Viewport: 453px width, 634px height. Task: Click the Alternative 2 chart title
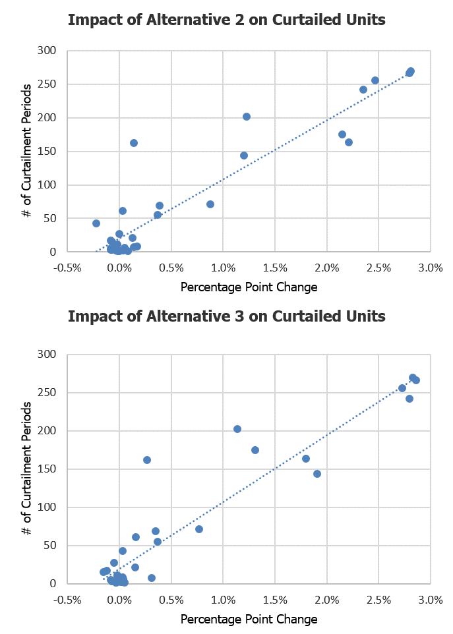coord(226,20)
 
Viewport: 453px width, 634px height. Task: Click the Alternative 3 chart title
coord(226,316)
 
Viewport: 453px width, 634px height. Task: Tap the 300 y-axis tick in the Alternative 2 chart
coord(47,51)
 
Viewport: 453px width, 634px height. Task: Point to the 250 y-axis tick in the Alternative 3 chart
coord(47,393)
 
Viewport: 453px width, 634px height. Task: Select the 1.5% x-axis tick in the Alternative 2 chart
coord(275,267)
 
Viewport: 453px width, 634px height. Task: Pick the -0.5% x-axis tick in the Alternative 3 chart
coord(68,599)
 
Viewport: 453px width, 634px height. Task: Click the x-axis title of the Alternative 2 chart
coord(249,287)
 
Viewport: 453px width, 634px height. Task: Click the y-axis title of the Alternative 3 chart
coord(25,469)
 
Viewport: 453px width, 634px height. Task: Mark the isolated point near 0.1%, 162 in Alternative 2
coord(134,143)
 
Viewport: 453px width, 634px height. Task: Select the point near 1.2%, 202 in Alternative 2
coord(247,117)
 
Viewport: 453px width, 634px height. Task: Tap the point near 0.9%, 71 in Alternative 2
coord(210,204)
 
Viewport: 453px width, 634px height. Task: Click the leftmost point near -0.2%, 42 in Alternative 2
coord(96,223)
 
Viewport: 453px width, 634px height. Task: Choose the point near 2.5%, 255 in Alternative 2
coord(375,80)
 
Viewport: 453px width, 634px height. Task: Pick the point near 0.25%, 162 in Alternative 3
coord(147,460)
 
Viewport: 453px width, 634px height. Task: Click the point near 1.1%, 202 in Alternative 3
coord(237,429)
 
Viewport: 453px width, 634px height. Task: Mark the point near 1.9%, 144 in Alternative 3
coord(317,474)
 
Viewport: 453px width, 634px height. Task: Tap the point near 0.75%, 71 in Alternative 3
coord(199,529)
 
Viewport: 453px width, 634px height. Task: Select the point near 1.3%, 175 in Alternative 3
coord(255,450)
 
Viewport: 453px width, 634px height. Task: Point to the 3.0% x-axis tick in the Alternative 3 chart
coord(430,599)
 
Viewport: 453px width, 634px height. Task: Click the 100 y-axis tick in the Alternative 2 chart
coord(47,185)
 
